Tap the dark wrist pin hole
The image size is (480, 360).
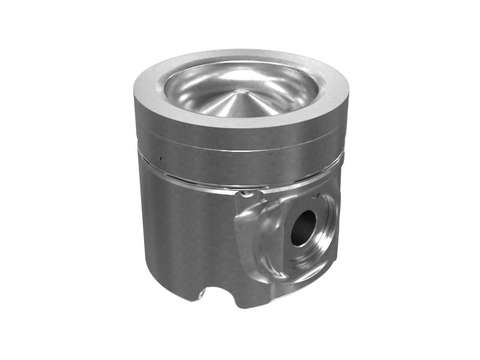(303, 227)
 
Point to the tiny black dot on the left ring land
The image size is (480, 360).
(161, 159)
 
